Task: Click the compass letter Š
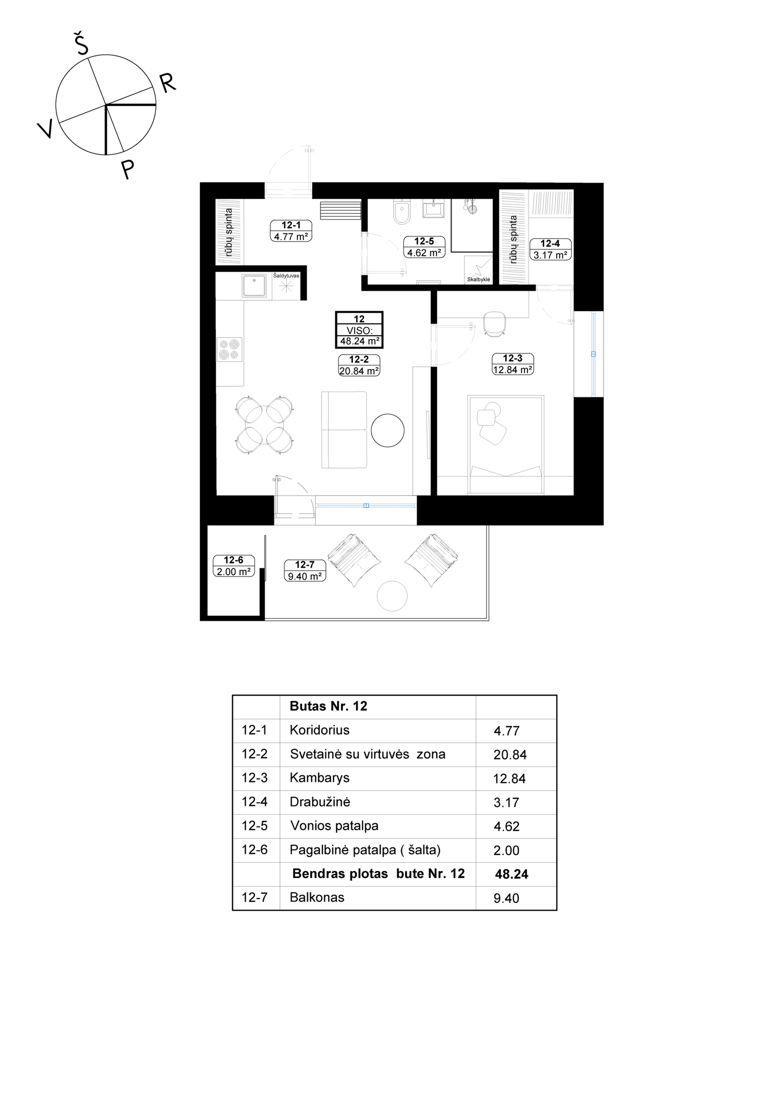tap(81, 44)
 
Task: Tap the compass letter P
tap(127, 169)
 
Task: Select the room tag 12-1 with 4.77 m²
tap(291, 231)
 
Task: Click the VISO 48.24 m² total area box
tap(359, 330)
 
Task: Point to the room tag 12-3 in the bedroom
tap(512, 364)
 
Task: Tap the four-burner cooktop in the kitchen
tap(229, 350)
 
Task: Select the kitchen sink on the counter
tap(254, 286)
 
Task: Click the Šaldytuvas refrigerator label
tap(286, 275)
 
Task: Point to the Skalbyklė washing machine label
tap(479, 279)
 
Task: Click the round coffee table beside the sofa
tap(387, 430)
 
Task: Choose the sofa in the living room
tap(344, 430)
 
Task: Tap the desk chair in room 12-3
tap(495, 323)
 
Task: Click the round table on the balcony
tap(392, 596)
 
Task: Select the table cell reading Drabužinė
tap(320, 802)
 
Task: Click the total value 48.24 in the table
tap(511, 874)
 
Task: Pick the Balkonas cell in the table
tap(317, 897)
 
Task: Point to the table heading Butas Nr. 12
tap(328, 706)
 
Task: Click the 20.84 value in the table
tap(510, 754)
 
